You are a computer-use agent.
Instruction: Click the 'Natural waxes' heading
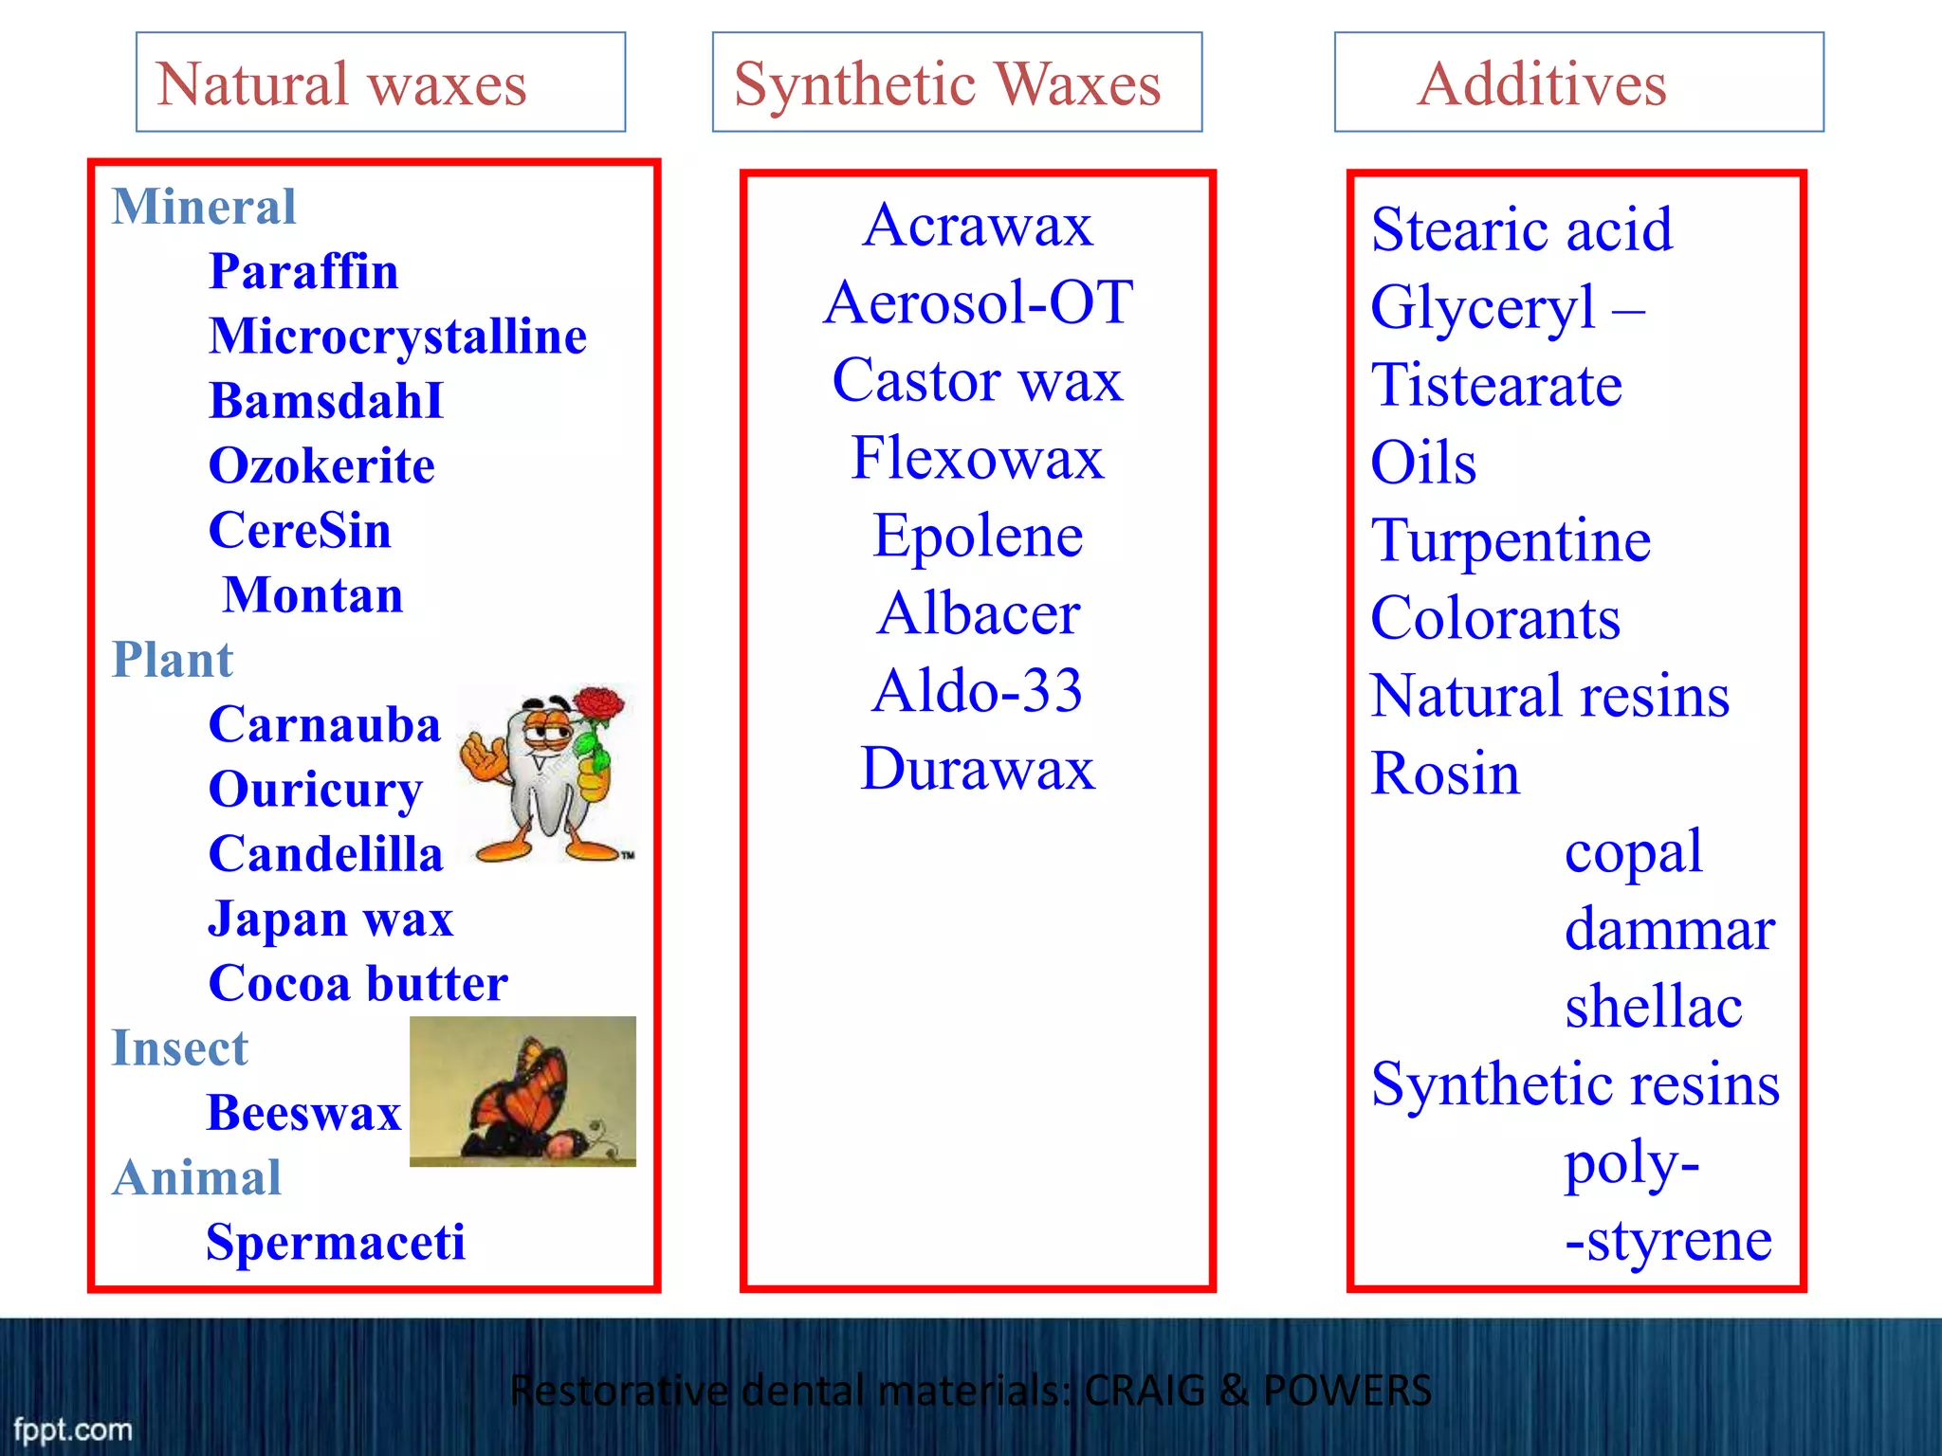(x=341, y=83)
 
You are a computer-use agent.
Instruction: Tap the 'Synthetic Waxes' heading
(x=947, y=83)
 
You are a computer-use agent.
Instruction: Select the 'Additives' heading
(x=1542, y=83)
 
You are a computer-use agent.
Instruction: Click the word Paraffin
(x=303, y=271)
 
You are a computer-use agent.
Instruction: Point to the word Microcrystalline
(x=397, y=336)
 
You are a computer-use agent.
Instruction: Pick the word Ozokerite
(x=321, y=465)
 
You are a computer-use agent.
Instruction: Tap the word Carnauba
(x=324, y=724)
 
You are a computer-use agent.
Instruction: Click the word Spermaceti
(x=336, y=1242)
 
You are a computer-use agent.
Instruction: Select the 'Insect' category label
(x=179, y=1047)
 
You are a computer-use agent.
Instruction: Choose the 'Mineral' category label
(x=204, y=207)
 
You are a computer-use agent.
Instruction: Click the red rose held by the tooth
(x=599, y=707)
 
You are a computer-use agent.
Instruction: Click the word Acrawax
(x=978, y=226)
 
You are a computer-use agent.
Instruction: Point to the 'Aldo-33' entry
(x=978, y=690)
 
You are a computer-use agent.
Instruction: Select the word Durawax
(x=978, y=768)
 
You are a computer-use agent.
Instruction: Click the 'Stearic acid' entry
(x=1522, y=229)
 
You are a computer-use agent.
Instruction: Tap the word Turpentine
(x=1511, y=540)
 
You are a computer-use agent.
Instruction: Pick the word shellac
(x=1653, y=1006)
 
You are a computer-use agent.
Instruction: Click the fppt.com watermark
(x=73, y=1429)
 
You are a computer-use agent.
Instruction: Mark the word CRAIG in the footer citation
(x=1144, y=1391)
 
